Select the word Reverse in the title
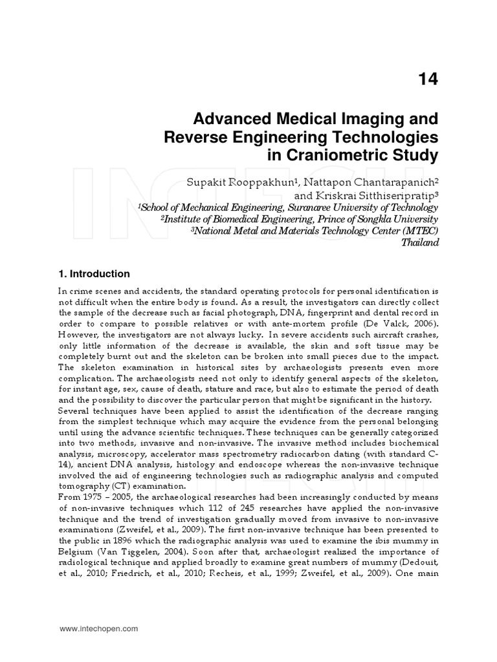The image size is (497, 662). point(193,137)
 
